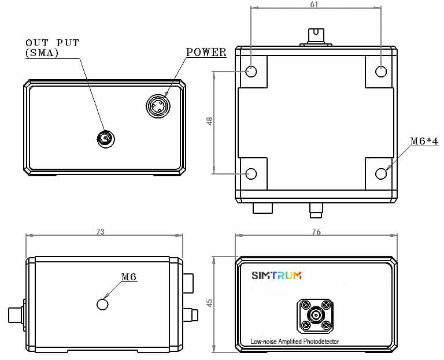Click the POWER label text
[x=206, y=52]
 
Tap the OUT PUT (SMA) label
[x=52, y=48]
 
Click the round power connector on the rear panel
[x=158, y=106]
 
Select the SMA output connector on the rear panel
[x=106, y=139]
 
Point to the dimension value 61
[x=314, y=4]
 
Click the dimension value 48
[x=209, y=121]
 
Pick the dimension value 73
[x=100, y=232]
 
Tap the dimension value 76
[x=316, y=232]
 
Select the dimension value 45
[x=209, y=303]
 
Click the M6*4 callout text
[x=424, y=140]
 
